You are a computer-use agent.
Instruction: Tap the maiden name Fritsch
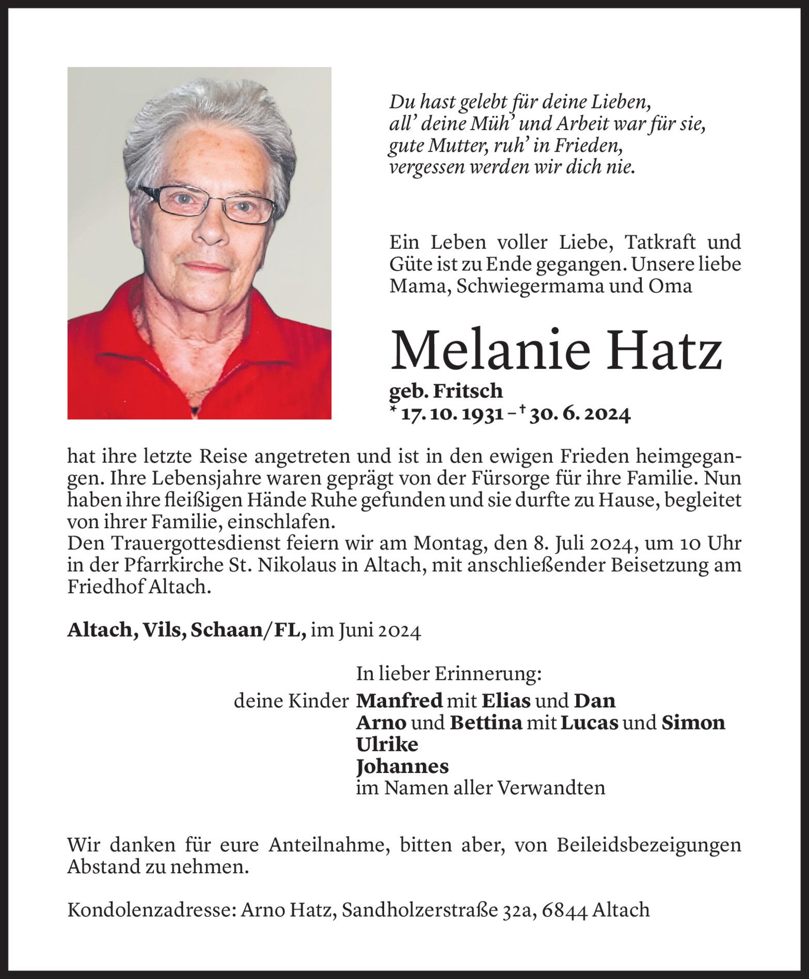click(468, 391)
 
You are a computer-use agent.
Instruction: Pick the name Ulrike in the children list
click(387, 744)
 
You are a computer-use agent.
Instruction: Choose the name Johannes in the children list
click(402, 766)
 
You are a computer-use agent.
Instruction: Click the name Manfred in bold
click(400, 701)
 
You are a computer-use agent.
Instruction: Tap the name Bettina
click(486, 722)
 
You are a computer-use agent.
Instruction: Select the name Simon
click(693, 722)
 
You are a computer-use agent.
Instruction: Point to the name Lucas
click(589, 722)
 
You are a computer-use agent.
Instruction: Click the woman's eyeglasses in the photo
click(207, 204)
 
